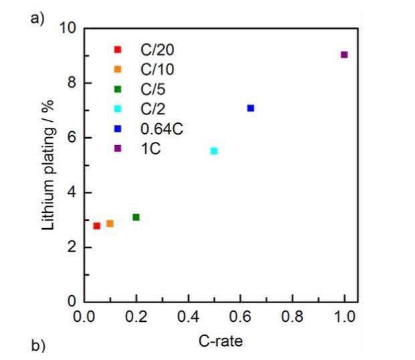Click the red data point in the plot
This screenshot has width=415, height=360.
coord(96,226)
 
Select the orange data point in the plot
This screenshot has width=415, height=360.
coord(110,223)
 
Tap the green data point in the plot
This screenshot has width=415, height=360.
coord(136,217)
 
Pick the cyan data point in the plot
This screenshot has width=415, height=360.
coord(214,151)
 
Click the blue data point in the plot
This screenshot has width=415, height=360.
coord(250,108)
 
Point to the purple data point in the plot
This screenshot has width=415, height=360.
coord(344,55)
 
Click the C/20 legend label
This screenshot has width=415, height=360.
coord(149,49)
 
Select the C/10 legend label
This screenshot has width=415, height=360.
coord(149,69)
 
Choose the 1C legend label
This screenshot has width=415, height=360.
coord(143,149)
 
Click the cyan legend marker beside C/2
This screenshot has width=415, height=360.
coord(118,109)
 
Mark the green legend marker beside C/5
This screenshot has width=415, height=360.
coord(118,89)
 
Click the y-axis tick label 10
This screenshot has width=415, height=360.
coord(67,29)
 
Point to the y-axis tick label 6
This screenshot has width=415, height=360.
coord(71,138)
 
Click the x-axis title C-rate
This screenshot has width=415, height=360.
coord(220,341)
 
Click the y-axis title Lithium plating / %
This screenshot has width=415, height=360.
coord(48,164)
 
